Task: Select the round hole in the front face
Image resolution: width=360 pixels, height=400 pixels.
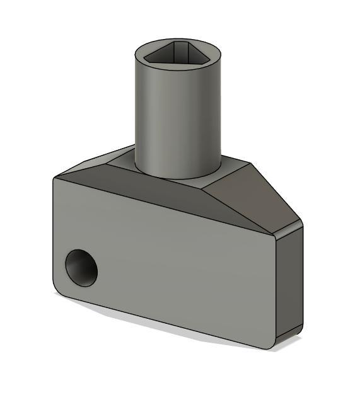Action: (82, 267)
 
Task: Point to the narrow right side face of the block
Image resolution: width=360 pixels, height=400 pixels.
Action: (289, 283)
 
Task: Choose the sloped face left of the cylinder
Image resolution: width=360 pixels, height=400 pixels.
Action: (95, 167)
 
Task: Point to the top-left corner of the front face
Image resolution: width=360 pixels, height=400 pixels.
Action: (55, 180)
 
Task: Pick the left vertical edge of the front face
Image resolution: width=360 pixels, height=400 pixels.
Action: (52, 233)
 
